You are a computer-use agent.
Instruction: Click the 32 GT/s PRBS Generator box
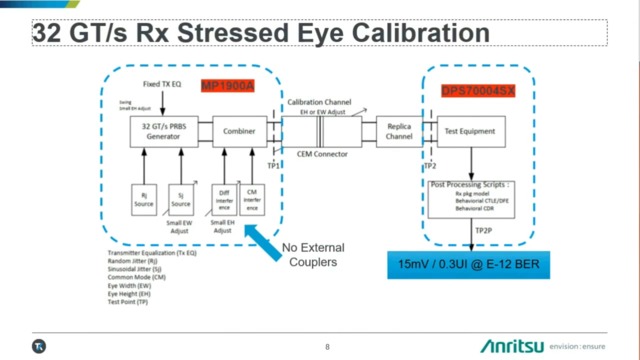pyautogui.click(x=160, y=132)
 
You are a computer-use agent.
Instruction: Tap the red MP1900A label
pyautogui.click(x=228, y=88)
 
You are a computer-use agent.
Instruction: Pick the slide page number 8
pyautogui.click(x=327, y=346)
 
